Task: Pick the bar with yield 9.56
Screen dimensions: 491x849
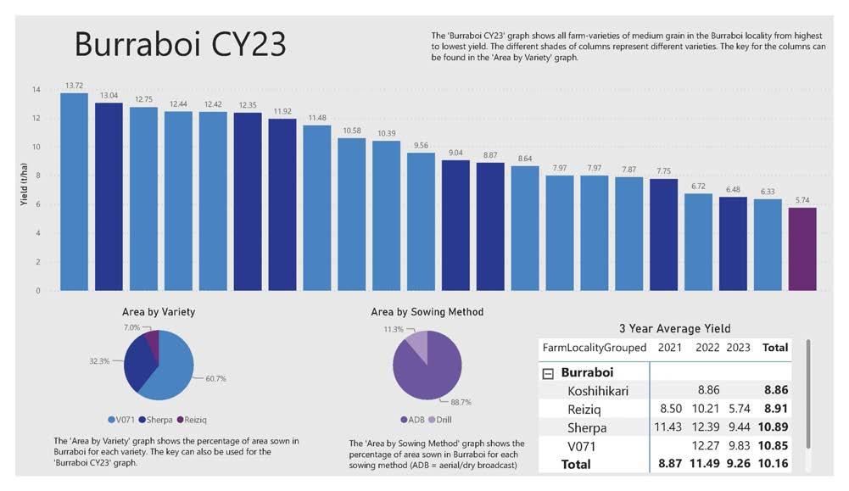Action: click(421, 221)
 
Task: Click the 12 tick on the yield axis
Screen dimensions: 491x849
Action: click(36, 119)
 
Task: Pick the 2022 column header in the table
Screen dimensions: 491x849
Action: click(707, 347)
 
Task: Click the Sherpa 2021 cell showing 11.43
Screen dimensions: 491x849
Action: click(664, 427)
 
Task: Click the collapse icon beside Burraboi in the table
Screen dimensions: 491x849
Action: click(548, 372)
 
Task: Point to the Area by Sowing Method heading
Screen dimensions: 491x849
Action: click(427, 311)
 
